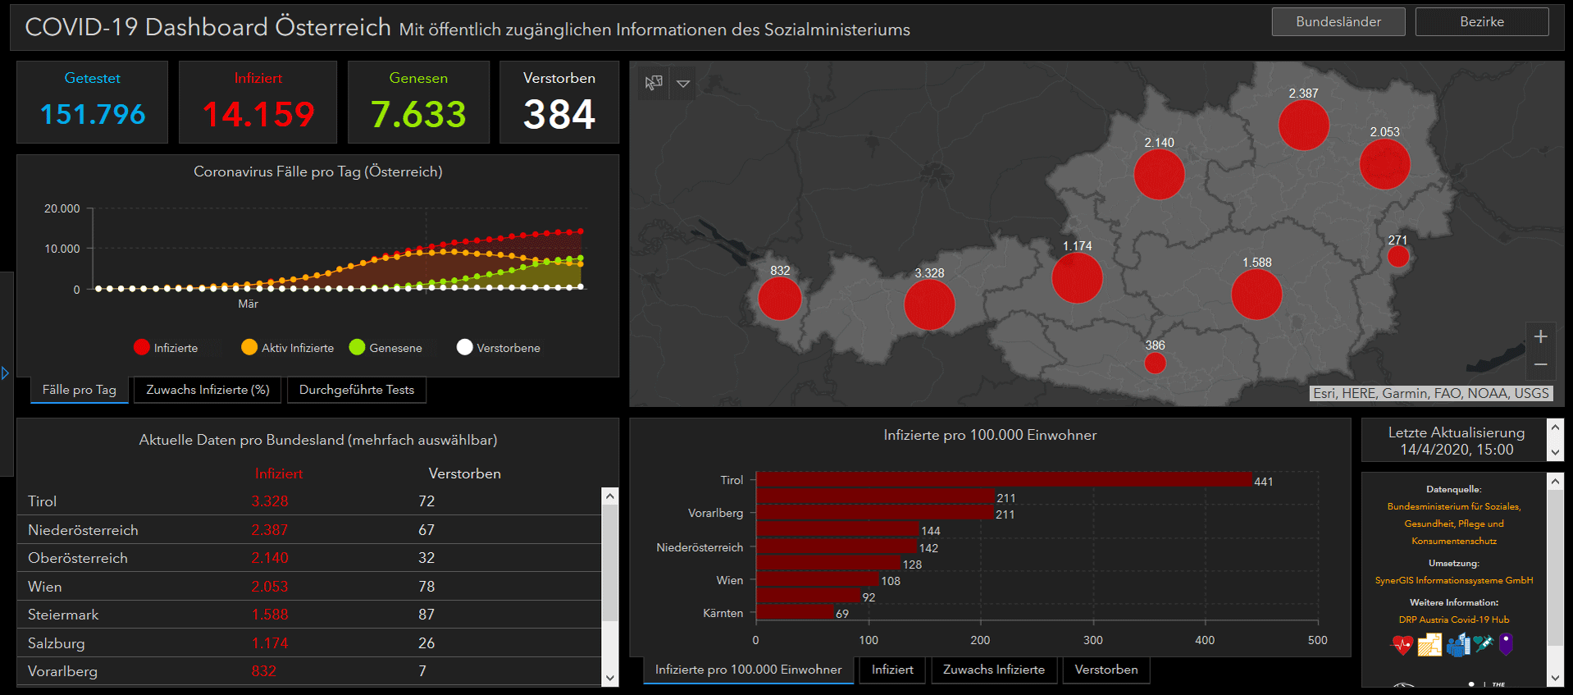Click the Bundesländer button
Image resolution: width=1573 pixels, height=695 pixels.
coord(1338,22)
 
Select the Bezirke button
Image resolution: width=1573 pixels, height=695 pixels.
coord(1481,22)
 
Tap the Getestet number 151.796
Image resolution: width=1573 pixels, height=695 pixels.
coord(93,114)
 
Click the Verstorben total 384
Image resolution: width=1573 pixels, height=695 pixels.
coord(559,114)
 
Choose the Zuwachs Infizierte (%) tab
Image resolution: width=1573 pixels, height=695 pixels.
coord(207,390)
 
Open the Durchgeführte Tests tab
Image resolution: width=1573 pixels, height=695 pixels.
coord(356,390)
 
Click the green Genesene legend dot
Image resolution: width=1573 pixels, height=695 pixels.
coord(357,347)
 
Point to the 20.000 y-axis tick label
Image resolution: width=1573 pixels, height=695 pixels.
coord(62,208)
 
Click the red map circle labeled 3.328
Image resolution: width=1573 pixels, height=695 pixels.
coord(929,304)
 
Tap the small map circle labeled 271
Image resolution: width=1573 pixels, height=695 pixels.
coord(1397,257)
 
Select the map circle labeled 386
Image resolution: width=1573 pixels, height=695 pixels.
coord(1155,362)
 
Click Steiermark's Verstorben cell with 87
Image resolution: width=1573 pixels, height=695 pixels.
coord(426,615)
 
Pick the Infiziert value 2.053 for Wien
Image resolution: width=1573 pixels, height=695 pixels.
coord(270,587)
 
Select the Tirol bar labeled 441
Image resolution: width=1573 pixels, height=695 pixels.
coord(1003,480)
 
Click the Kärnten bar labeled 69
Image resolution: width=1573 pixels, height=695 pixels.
coord(794,612)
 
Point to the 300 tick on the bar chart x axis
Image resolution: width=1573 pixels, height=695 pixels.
coord(1092,640)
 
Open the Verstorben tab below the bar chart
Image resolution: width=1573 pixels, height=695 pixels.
coord(1106,670)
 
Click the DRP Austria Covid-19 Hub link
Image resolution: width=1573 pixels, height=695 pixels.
coord(1453,620)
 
